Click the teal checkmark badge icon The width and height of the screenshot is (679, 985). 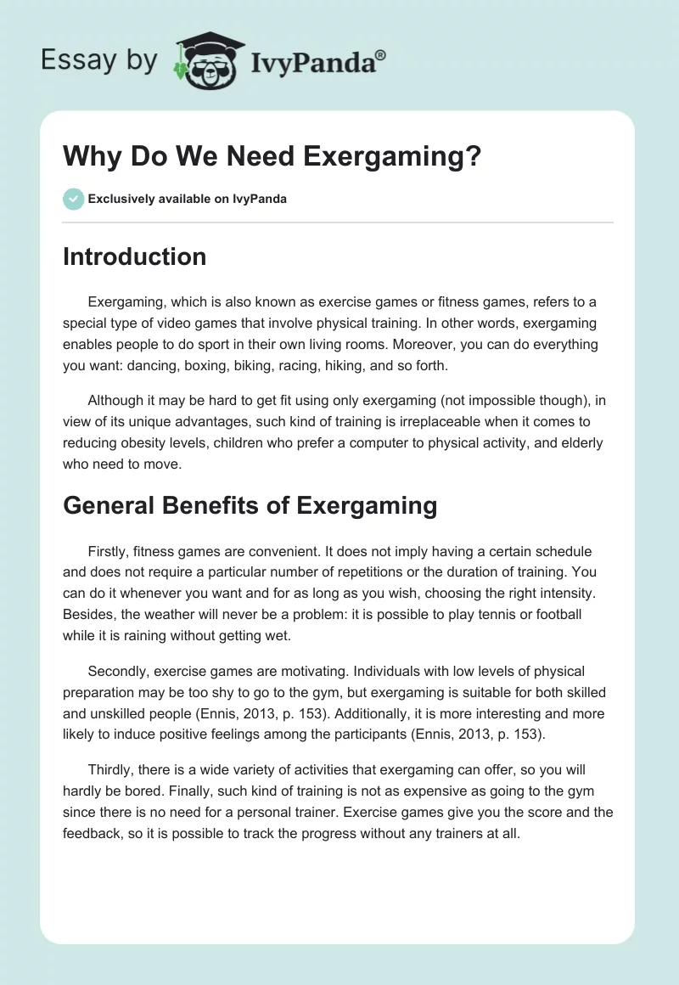coord(73,199)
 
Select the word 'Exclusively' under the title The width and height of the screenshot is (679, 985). coord(121,200)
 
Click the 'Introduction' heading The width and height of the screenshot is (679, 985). coord(134,256)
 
